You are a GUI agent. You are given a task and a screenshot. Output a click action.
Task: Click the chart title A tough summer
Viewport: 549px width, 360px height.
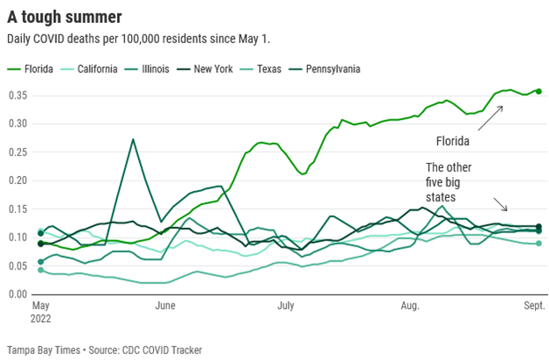(x=64, y=16)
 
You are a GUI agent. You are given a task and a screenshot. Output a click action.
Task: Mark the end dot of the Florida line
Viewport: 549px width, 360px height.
(x=538, y=91)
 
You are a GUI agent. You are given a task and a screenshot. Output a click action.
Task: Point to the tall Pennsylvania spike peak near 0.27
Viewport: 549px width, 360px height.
(x=132, y=139)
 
